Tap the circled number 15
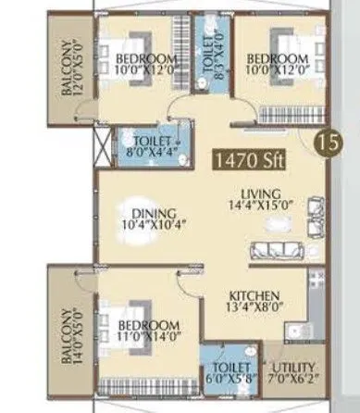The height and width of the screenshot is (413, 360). coord(324,144)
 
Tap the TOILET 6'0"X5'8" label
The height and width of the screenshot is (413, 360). coord(224,373)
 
